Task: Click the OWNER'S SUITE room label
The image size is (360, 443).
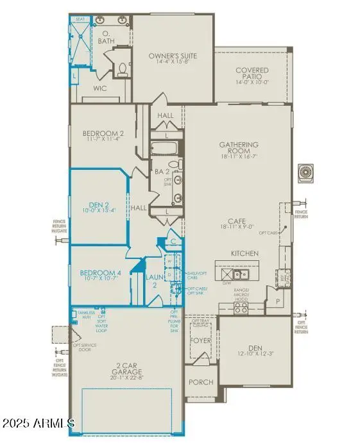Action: coord(173,56)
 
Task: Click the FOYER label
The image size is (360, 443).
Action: coord(200,341)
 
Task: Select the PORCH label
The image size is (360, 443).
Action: coord(200,381)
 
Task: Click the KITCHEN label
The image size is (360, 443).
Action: coord(244,253)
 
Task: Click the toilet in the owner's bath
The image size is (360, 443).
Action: coord(123,67)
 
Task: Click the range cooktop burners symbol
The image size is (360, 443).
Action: coord(241,308)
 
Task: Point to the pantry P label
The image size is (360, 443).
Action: coord(278,300)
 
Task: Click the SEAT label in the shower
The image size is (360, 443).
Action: coord(80,20)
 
